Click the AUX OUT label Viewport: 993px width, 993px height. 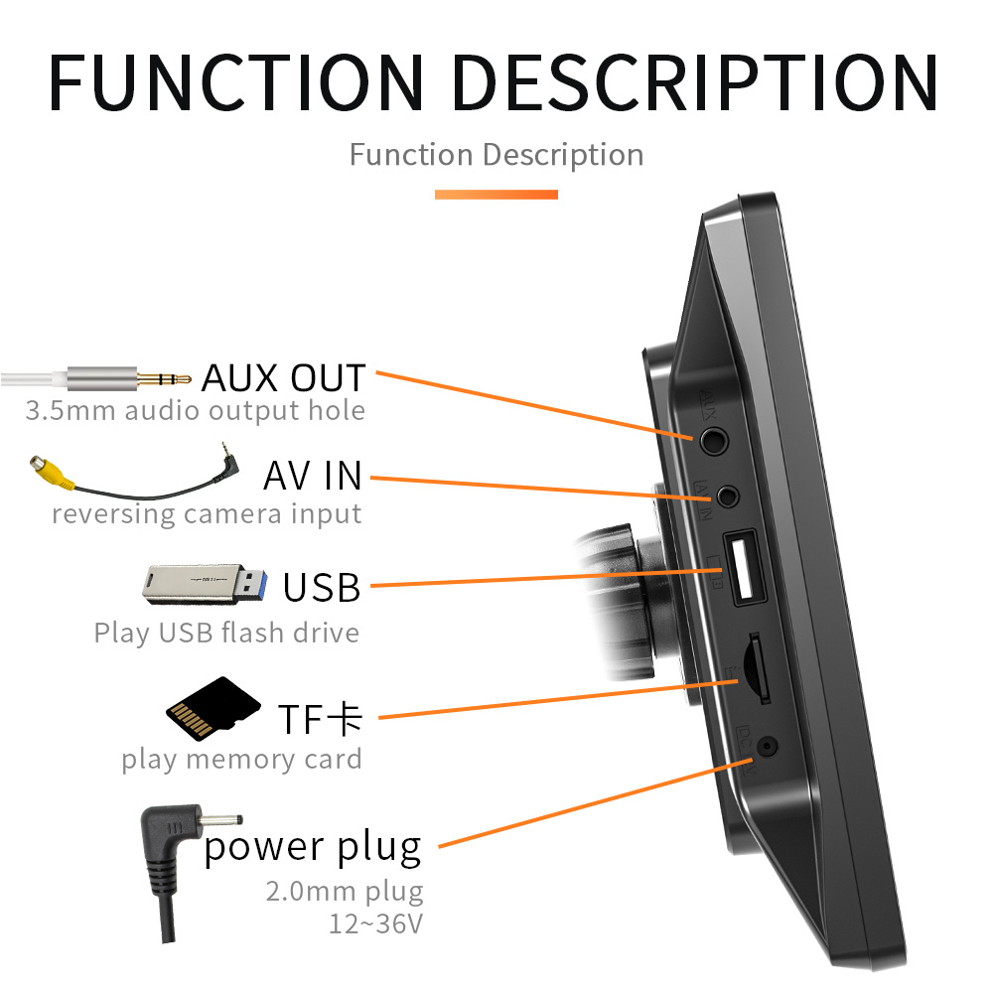tap(284, 378)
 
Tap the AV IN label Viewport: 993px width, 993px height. tap(313, 476)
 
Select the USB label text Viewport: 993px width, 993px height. tap(321, 587)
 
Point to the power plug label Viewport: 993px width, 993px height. tap(313, 848)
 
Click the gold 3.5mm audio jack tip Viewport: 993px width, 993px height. tap(164, 378)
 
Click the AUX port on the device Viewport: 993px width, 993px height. tap(712, 437)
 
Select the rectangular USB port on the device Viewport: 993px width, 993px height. tap(743, 569)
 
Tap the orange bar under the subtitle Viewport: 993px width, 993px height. tap(496, 195)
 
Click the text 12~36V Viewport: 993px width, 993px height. tap(375, 923)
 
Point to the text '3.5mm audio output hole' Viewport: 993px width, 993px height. tap(195, 410)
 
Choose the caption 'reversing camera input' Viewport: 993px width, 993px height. tap(207, 514)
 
